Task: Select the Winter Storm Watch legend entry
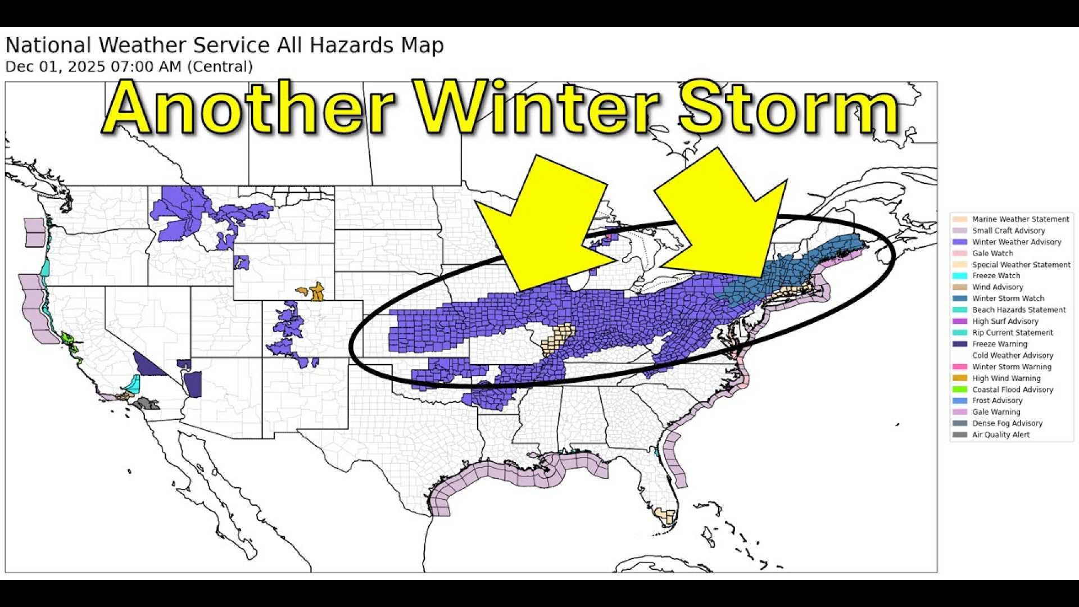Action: coord(1008,298)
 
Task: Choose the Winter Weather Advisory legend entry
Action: coord(1016,242)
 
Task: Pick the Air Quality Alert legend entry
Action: coord(1000,434)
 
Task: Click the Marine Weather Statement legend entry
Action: coord(1020,219)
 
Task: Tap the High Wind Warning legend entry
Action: coord(1006,378)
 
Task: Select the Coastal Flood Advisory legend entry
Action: coord(1012,389)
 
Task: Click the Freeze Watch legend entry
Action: coord(995,275)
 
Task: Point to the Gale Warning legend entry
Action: coord(996,412)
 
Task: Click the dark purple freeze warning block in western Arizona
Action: coord(193,384)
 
